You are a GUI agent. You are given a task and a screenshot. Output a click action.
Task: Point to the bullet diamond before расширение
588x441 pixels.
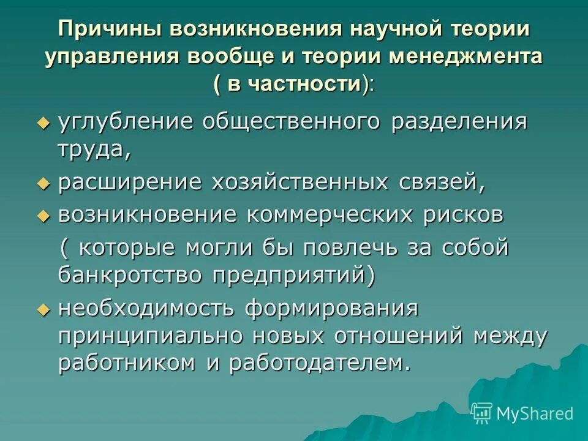(42, 183)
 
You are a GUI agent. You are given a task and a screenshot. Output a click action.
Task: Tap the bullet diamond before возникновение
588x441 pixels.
(42, 216)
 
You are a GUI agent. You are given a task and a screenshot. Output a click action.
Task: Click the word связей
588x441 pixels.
(444, 182)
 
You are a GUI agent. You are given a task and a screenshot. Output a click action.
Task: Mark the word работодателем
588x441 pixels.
(318, 363)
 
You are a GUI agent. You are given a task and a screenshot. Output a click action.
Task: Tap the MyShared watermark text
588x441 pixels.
(535, 413)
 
